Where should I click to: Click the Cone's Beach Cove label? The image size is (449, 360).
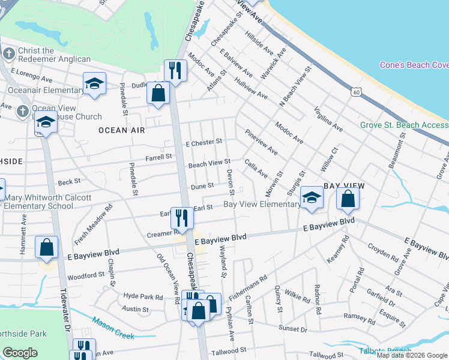point(414,65)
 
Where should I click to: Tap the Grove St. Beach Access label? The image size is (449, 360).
point(404,125)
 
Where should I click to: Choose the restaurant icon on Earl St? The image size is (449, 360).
point(181,217)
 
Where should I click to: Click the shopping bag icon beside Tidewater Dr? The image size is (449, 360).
point(46,247)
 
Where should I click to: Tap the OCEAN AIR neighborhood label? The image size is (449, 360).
point(113,130)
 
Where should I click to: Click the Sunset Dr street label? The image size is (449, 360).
point(293,329)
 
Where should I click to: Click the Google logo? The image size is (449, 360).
point(20,353)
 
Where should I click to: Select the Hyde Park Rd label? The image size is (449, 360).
point(143,297)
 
